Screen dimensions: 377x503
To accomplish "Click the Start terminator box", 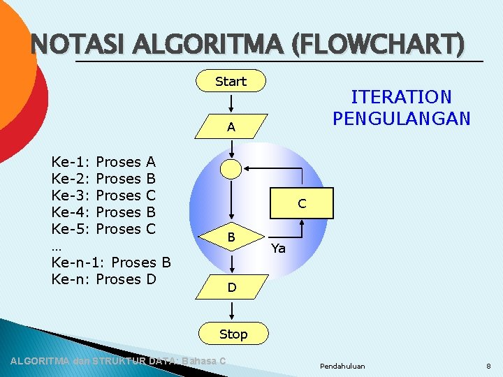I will click(x=231, y=82).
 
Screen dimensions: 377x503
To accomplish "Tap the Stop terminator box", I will click(x=233, y=334).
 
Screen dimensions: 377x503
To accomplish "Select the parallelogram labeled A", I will click(x=231, y=128).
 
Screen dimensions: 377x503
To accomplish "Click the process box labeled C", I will click(x=302, y=204).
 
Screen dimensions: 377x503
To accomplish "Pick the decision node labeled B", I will click(x=231, y=237).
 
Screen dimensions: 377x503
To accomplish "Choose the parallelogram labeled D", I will click(x=231, y=287).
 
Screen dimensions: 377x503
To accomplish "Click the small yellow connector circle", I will click(x=231, y=168).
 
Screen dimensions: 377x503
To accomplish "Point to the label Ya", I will click(x=278, y=249).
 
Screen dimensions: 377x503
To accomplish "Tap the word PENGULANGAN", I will click(x=401, y=118).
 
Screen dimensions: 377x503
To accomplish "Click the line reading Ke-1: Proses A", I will click(x=103, y=162).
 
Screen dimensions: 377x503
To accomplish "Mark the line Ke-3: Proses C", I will click(x=103, y=195).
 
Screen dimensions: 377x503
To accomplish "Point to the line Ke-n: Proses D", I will click(x=104, y=279).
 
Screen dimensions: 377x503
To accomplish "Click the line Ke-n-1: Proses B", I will click(x=112, y=263).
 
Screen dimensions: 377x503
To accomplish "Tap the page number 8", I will click(x=488, y=366).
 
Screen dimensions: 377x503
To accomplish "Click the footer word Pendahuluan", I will click(x=342, y=366).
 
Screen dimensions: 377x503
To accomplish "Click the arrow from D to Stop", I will click(x=231, y=312).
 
